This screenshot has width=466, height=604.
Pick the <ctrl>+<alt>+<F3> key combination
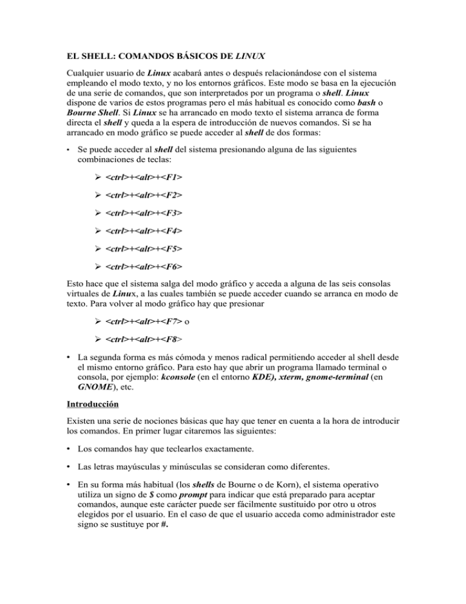point(143,214)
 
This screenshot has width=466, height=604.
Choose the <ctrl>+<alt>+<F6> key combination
point(143,267)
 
